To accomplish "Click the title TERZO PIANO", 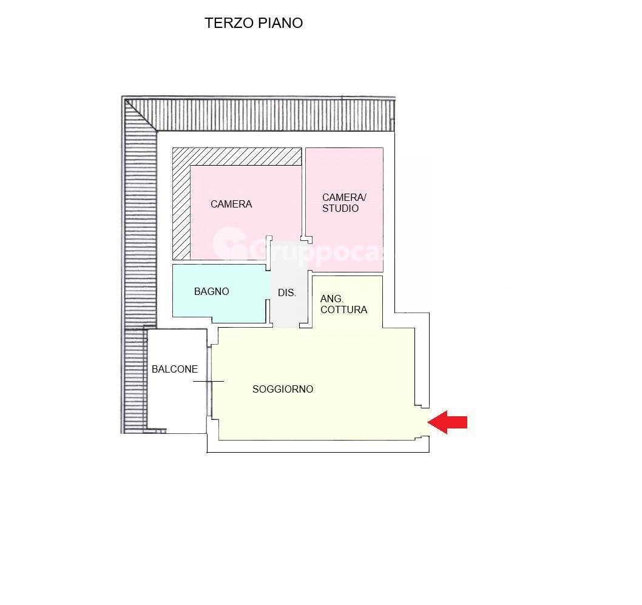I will tap(254, 23).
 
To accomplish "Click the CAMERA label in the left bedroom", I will tap(231, 204).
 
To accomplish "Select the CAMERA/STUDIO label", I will tap(344, 203).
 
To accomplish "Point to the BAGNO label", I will tap(212, 291).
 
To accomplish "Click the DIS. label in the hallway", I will tap(287, 292).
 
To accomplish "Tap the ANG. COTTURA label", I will tap(343, 304).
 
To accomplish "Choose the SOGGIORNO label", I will tap(283, 389).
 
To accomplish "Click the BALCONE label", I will tap(175, 369).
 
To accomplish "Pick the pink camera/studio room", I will tap(344, 237).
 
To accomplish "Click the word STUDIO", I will tap(340, 208).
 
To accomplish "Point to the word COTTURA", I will tap(343, 309).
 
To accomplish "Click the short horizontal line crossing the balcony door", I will tap(208, 381).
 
